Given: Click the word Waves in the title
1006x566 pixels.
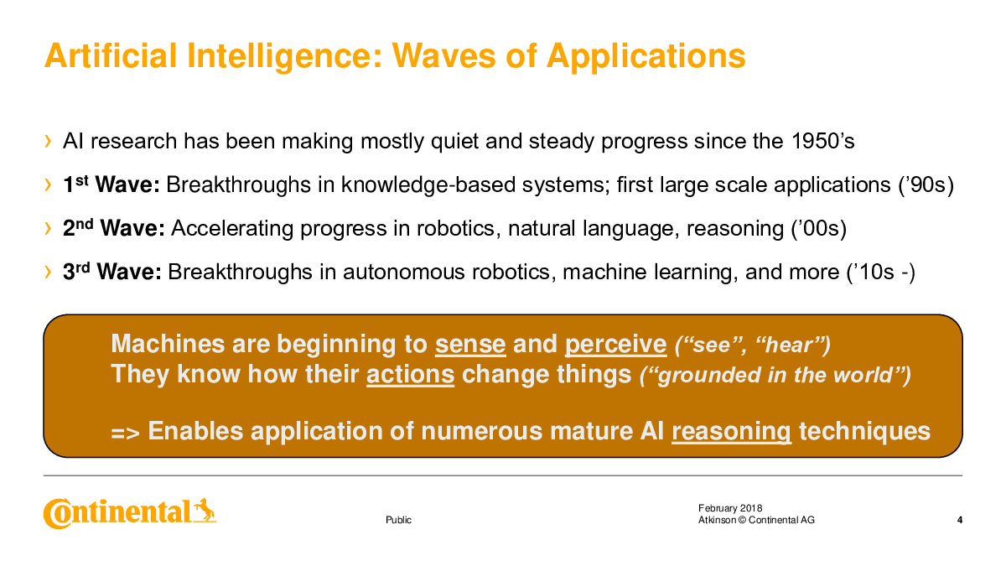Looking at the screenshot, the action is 443,55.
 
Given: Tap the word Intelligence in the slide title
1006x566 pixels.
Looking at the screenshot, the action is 284,57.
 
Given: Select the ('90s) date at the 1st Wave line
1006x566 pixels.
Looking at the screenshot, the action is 926,185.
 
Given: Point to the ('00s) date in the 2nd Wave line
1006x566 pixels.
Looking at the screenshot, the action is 819,229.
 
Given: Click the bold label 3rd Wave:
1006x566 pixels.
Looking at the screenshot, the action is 111,272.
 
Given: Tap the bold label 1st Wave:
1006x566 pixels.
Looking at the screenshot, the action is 111,184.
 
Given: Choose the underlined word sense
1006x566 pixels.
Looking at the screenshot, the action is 470,345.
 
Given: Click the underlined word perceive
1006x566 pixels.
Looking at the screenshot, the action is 615,345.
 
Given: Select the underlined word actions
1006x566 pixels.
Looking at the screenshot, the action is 411,374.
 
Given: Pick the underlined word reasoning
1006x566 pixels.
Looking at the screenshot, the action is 731,432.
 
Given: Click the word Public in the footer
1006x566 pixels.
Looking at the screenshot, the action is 398,520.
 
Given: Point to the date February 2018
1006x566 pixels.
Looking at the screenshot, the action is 730,508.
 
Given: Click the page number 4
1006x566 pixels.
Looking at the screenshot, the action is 960,520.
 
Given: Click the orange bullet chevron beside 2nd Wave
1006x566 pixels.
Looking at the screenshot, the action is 48,228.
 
